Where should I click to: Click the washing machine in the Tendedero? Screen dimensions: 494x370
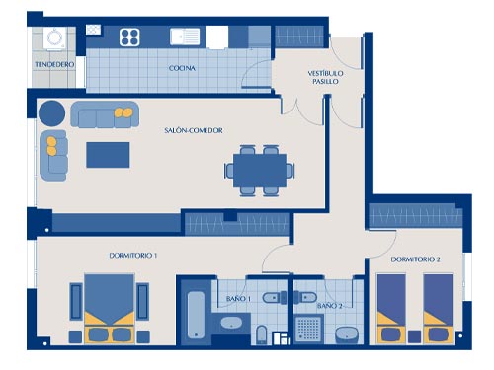54,38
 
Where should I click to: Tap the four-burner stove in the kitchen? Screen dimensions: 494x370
129,37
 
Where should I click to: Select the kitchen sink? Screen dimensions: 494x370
185,37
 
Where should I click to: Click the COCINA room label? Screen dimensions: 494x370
182,68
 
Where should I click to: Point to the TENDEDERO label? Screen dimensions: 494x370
54,64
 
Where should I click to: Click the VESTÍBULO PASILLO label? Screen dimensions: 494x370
325,77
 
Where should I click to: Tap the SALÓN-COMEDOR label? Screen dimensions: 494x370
194,130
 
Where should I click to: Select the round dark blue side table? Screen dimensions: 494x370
51,113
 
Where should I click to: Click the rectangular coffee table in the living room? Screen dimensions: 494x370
108,155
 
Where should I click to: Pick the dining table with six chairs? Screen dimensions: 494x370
260,171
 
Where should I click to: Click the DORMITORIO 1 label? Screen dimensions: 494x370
132,256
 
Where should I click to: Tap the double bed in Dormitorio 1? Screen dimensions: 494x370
110,309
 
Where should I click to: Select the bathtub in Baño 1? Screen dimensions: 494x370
196,315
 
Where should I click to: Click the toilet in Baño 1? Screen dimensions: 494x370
275,298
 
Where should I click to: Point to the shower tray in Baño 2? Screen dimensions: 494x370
308,328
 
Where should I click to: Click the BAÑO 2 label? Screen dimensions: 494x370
329,306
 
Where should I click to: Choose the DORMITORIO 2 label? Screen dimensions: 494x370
415,259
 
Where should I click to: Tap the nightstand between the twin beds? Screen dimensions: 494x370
414,336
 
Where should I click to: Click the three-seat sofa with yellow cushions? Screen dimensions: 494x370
105,114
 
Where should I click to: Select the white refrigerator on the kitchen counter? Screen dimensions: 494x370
217,37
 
